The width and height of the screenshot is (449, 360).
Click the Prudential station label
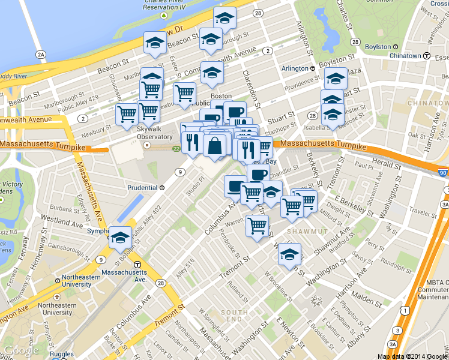(x=142, y=187)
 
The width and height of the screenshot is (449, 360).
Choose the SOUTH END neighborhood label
(x=234, y=316)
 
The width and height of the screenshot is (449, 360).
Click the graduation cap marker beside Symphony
(x=120, y=237)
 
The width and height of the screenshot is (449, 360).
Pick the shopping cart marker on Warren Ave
(x=257, y=226)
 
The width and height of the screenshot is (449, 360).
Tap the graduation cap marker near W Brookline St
(x=289, y=254)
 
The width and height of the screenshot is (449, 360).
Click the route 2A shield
(x=41, y=55)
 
